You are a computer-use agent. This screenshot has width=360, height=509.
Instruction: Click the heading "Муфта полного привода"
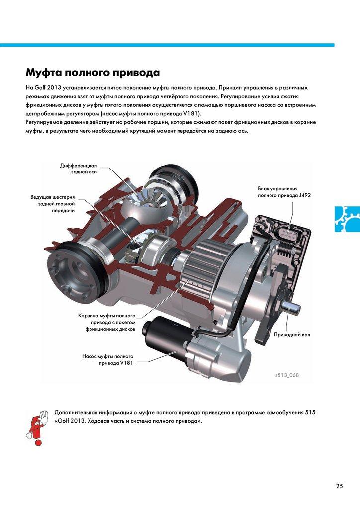click(92, 72)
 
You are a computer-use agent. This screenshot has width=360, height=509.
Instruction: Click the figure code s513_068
click(287, 375)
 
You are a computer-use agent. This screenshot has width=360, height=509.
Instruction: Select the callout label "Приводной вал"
click(292, 335)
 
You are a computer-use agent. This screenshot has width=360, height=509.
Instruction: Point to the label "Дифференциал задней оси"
click(79, 169)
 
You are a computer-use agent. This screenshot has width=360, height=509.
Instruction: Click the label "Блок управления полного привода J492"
click(284, 192)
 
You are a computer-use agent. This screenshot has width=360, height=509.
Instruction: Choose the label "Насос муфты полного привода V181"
click(107, 360)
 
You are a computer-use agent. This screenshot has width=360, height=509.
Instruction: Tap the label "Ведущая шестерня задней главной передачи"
click(53, 204)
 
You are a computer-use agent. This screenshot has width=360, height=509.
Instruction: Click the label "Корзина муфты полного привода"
click(107, 322)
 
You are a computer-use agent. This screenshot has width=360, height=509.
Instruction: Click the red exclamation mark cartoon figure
click(37, 427)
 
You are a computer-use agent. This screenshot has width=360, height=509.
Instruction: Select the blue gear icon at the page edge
click(348, 219)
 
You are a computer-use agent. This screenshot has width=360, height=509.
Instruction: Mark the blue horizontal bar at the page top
click(167, 45)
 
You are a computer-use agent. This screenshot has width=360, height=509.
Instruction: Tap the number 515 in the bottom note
click(310, 413)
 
